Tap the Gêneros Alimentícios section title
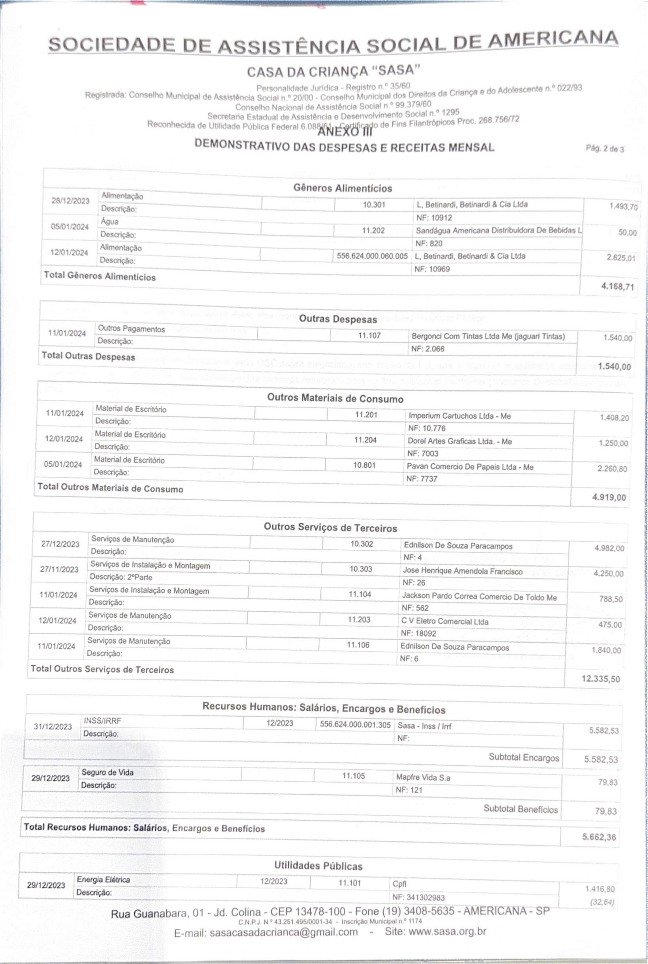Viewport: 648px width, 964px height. tap(343, 188)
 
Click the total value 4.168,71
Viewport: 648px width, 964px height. tap(617, 286)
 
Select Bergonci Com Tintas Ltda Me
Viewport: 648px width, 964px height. tap(488, 336)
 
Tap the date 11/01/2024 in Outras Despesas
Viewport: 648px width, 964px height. tap(67, 333)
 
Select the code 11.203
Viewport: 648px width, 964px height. tap(359, 620)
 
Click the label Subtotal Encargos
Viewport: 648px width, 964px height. tap(524, 757)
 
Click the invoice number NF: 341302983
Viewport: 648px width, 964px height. tap(420, 897)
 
